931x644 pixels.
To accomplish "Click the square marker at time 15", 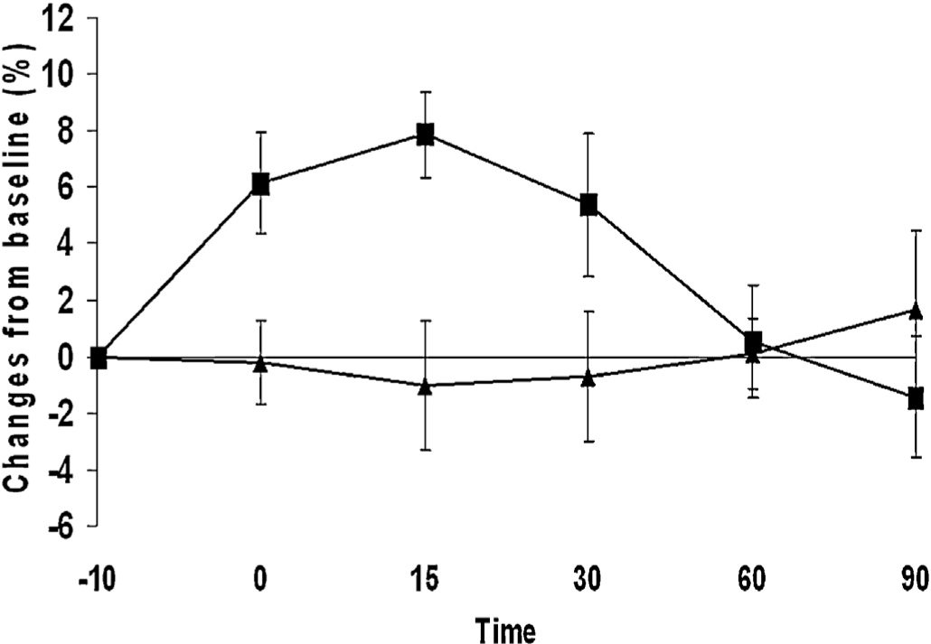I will (x=425, y=135).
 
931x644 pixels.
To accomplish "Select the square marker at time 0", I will (x=260, y=184).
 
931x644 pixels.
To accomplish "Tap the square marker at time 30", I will (x=589, y=205).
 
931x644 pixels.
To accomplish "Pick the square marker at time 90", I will (x=915, y=398).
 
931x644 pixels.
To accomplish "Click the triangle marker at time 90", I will (x=915, y=311).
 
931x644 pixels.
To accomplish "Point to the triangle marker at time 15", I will (x=425, y=386).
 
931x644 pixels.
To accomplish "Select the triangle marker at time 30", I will (x=589, y=378).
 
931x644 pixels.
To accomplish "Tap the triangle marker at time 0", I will (x=260, y=363).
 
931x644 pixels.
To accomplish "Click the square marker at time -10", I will (x=99, y=358).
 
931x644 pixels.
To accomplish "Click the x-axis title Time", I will (x=507, y=628).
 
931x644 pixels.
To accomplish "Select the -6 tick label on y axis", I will (x=61, y=526).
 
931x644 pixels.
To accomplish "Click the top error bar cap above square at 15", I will (x=425, y=92).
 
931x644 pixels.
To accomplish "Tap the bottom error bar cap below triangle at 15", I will (x=425, y=450).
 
